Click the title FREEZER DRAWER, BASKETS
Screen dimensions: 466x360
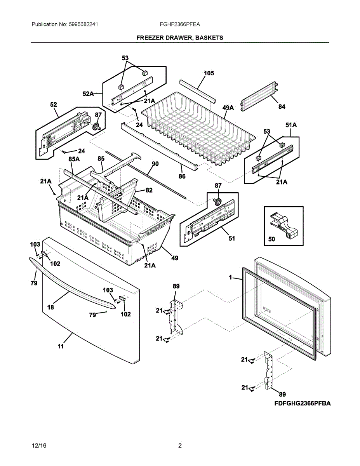(x=180, y=38)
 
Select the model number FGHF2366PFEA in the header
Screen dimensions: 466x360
(x=180, y=24)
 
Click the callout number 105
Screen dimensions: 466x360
(x=209, y=73)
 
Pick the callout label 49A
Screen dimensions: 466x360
(x=228, y=108)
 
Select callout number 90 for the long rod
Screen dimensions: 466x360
(x=155, y=164)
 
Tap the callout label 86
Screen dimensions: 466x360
(x=182, y=176)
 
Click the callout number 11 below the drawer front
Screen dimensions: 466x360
(x=61, y=346)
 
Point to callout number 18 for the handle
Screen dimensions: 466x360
(x=50, y=307)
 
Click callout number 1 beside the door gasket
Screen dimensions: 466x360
(x=230, y=278)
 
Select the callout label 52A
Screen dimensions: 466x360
(x=88, y=94)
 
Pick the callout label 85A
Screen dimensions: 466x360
(x=74, y=159)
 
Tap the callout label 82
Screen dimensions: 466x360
(x=149, y=190)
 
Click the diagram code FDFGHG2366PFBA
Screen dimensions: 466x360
(x=302, y=404)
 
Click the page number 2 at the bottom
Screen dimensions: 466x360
(x=180, y=445)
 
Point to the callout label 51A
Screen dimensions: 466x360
(x=291, y=125)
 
